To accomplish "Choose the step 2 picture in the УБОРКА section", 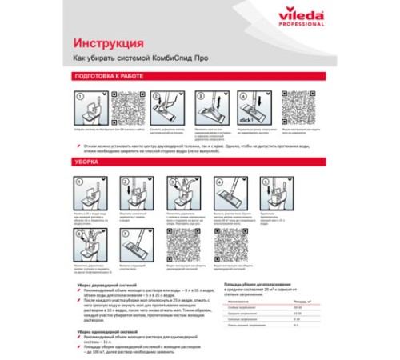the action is click(x=130, y=191).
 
